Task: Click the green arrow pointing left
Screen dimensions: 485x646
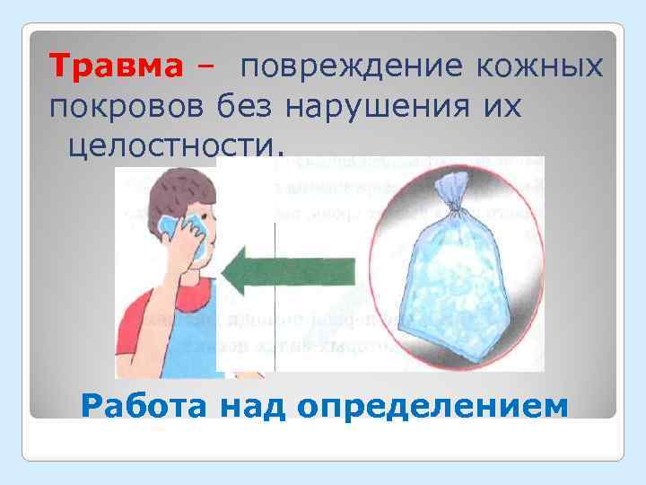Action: [x=287, y=271]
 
